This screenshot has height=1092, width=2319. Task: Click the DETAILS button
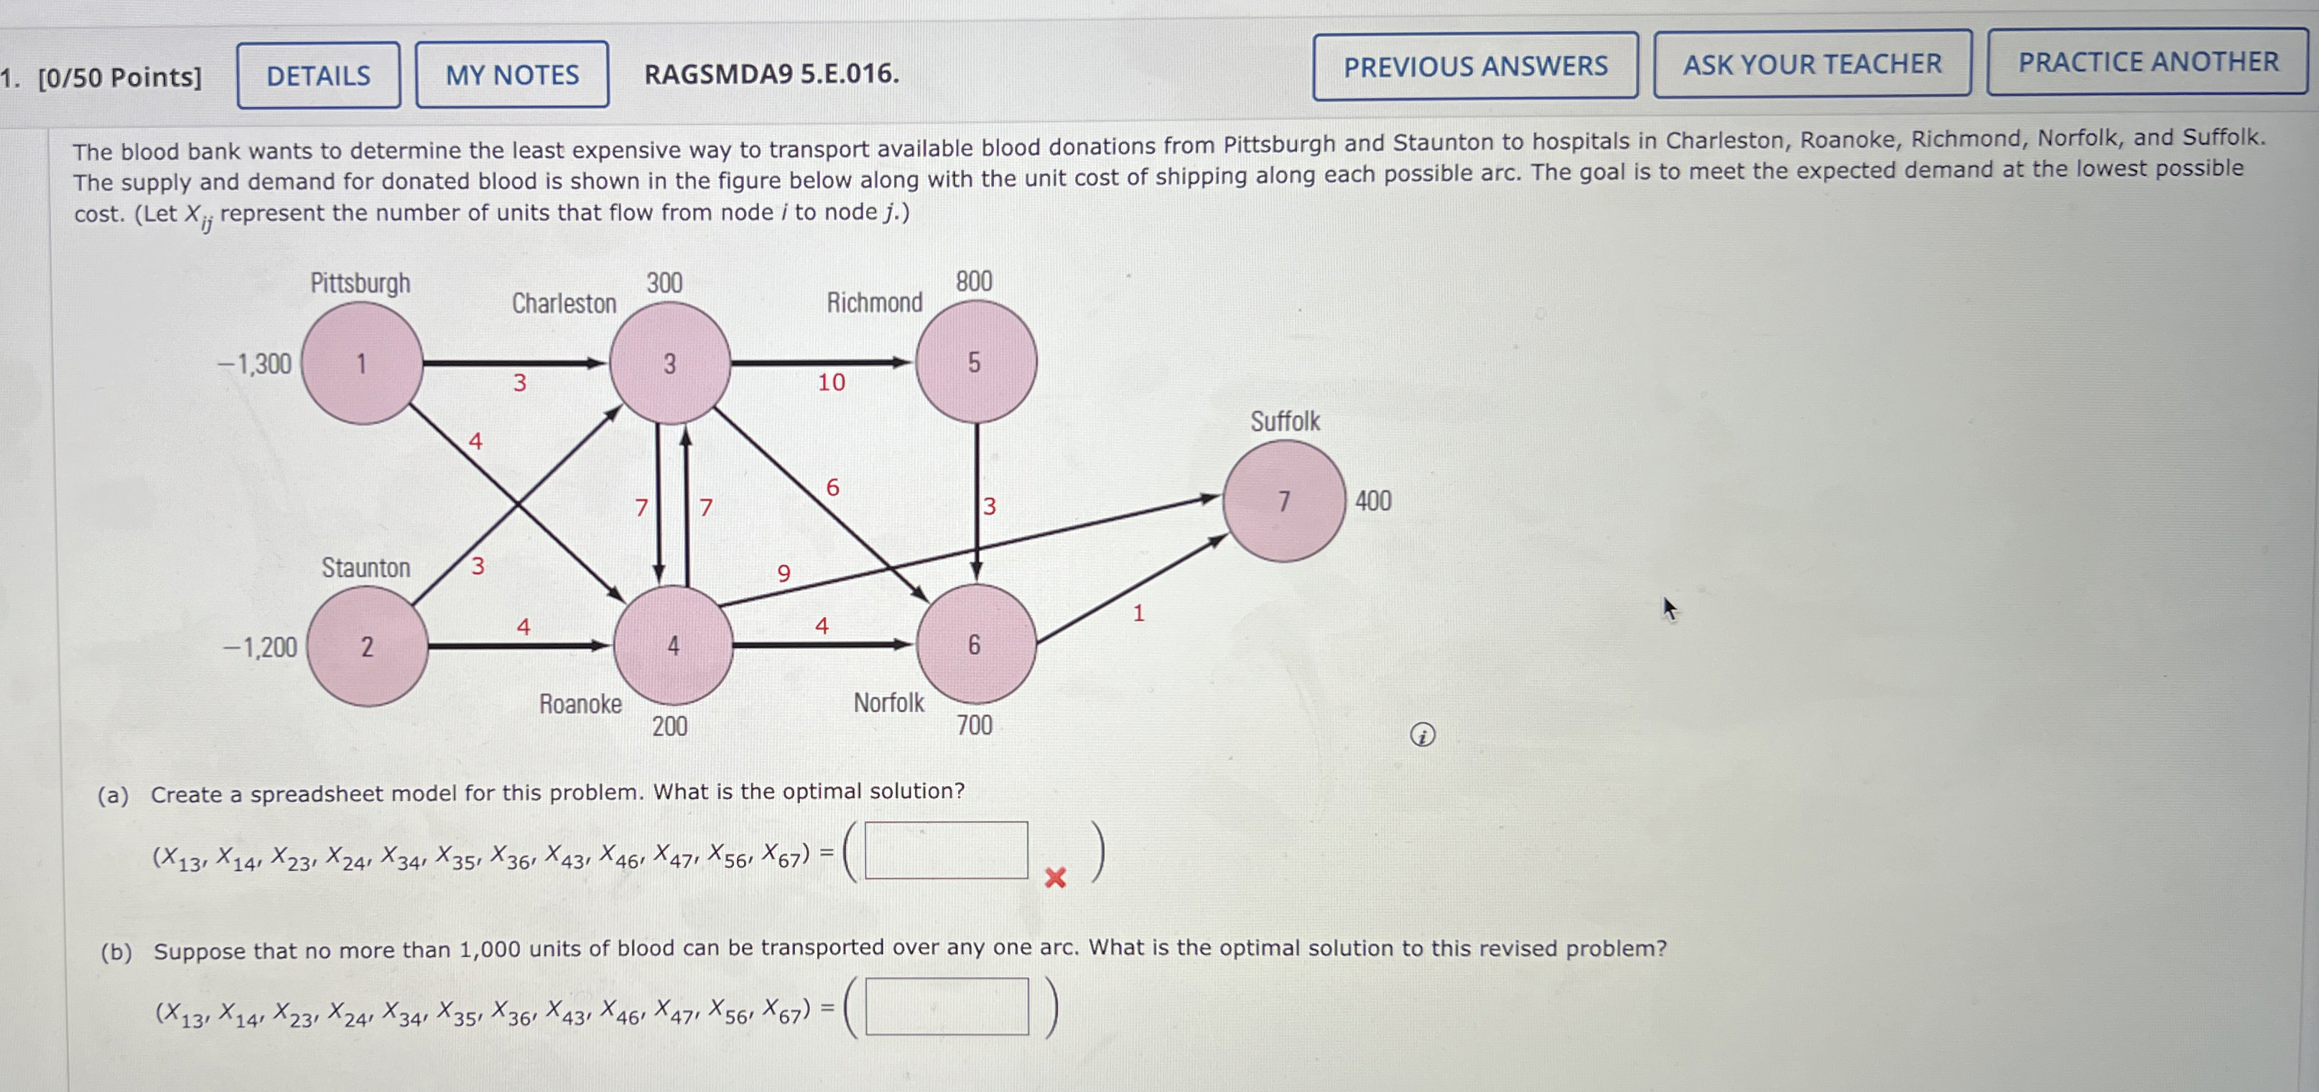(319, 75)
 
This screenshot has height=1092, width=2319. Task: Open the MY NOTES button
(511, 75)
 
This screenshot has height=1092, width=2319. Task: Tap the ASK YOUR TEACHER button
(1812, 64)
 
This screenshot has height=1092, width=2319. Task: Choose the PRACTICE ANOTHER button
(2148, 62)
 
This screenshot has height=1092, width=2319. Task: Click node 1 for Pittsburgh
(362, 364)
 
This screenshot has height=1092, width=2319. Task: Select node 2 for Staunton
(367, 647)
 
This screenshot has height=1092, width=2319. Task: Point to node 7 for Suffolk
(1285, 501)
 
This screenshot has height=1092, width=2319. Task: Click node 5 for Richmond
(975, 362)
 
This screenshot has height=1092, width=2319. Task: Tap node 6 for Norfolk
(975, 644)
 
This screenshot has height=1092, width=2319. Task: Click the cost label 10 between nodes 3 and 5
(831, 383)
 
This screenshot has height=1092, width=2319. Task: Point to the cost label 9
(784, 573)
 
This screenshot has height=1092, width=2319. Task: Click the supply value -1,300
(255, 365)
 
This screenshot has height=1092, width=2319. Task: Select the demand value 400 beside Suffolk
(1374, 501)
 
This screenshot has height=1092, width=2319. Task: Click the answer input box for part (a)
(946, 850)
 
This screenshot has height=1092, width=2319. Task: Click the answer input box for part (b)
(946, 1007)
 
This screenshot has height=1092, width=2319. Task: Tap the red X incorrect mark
(1055, 878)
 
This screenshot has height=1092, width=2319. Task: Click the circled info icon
(1423, 736)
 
